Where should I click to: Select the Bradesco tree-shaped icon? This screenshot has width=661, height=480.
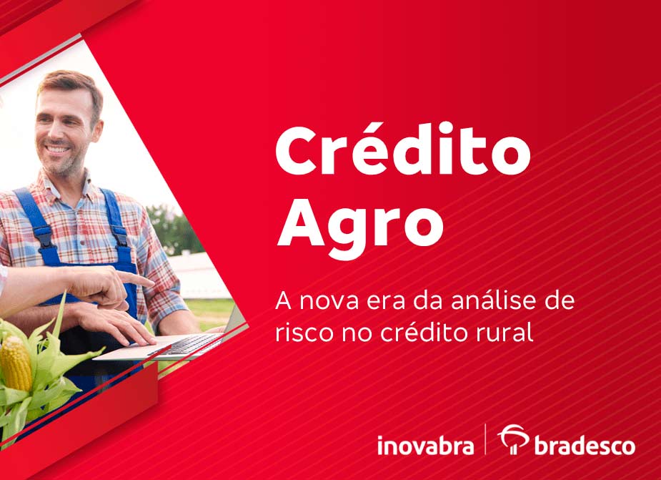click(512, 439)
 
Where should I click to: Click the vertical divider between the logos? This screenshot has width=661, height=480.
click(486, 439)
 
